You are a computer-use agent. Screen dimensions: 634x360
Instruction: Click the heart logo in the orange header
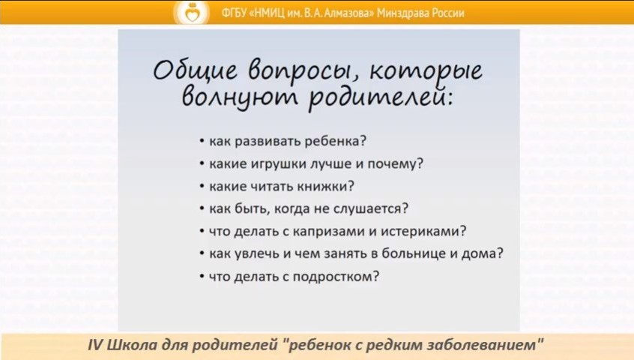tap(192, 13)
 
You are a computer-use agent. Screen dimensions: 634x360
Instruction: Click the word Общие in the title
tap(195, 70)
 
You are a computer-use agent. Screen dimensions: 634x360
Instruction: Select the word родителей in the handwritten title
tap(380, 97)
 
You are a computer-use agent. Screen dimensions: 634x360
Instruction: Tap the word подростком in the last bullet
tap(336, 277)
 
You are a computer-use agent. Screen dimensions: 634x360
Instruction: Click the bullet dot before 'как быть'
tap(202, 209)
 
